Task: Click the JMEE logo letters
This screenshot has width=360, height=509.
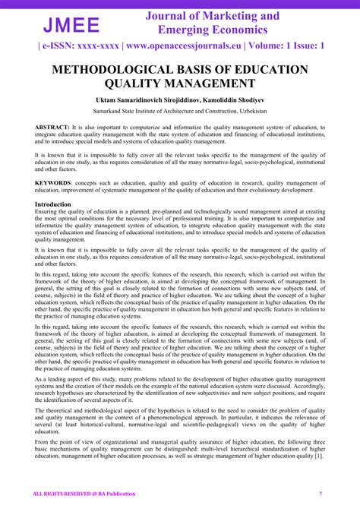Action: point(70,24)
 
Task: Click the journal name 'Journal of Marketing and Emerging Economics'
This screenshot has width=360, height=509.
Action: point(212,22)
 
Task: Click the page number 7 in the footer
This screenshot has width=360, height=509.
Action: point(321,495)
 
